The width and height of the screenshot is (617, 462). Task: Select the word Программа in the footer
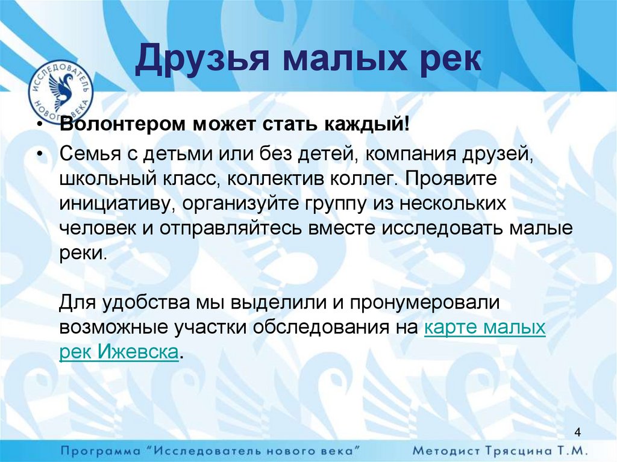[101, 450]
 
